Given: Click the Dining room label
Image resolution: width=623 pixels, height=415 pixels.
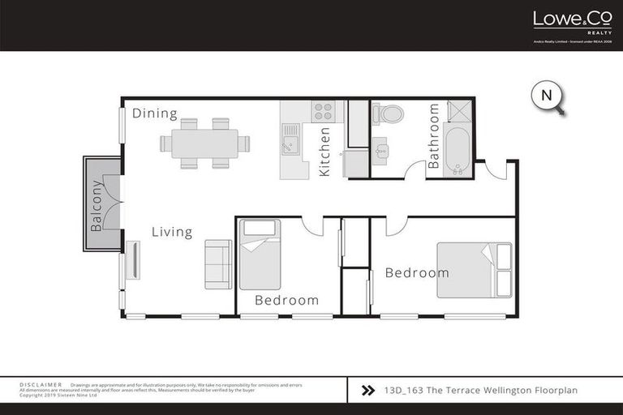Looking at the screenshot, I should [x=155, y=113].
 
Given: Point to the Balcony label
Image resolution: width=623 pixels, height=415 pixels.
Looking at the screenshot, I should [x=97, y=205].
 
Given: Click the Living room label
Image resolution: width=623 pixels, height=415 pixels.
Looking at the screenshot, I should [x=172, y=232].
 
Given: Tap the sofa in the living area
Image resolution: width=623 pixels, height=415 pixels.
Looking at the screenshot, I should [x=218, y=264].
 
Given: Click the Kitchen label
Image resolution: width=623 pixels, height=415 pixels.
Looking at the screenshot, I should [x=324, y=152].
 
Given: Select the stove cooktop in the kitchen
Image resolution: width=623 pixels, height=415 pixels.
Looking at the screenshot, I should [x=323, y=111].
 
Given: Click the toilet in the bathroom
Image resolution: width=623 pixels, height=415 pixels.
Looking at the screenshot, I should [x=389, y=113].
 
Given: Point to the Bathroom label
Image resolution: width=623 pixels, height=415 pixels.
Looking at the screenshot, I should [x=433, y=135].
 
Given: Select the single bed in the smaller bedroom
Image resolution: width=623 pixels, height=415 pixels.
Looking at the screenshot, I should [x=260, y=254].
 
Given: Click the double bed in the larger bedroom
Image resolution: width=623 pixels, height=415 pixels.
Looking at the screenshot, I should [x=475, y=270].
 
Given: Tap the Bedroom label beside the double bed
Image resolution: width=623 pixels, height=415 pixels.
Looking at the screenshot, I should [x=417, y=272].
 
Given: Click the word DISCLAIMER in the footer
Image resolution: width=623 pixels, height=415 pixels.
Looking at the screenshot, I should [x=41, y=384].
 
